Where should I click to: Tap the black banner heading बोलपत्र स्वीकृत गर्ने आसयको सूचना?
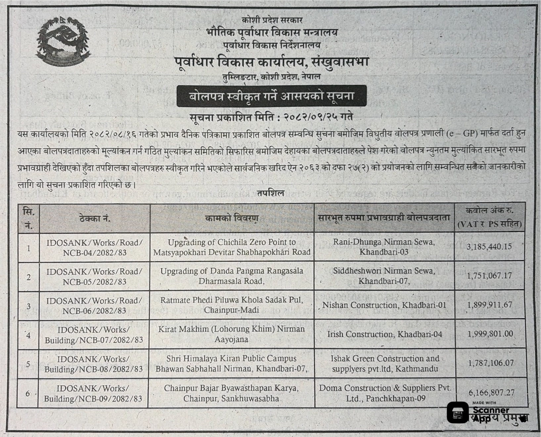pyautogui.click(x=271, y=96)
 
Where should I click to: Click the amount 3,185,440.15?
pyautogui.click(x=489, y=247)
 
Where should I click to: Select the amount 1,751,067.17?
pyautogui.click(x=489, y=276)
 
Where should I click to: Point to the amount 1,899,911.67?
pyautogui.click(x=489, y=305)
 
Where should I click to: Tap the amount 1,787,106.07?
pyautogui.click(x=490, y=363)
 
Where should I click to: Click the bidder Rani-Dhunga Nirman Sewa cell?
pyautogui.click(x=384, y=247)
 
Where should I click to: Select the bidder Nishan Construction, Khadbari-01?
pyautogui.click(x=384, y=305)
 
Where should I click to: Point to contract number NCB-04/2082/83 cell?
pyautogui.click(x=95, y=248)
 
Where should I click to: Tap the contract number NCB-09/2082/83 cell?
pyautogui.click(x=93, y=393)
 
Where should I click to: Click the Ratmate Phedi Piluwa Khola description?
pyautogui.click(x=231, y=305)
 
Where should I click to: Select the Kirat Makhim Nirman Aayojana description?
pyautogui.click(x=231, y=334)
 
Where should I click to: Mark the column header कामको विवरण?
pyautogui.click(x=231, y=218)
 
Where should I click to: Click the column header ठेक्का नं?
pyautogui.click(x=95, y=219)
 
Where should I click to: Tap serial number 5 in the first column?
pyautogui.click(x=28, y=364)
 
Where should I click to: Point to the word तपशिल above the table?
pyautogui.click(x=271, y=194)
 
